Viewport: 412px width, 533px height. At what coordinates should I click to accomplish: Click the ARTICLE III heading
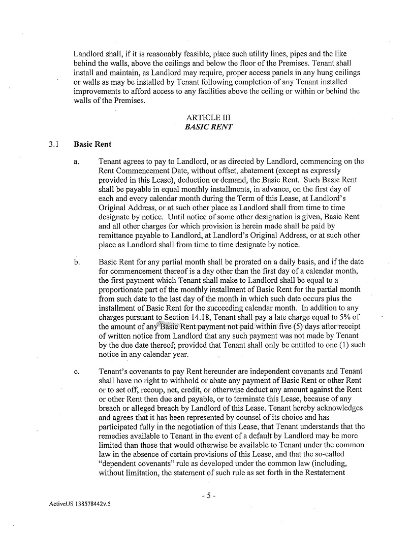click(x=208, y=118)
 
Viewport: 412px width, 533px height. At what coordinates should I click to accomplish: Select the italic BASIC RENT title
click(x=208, y=127)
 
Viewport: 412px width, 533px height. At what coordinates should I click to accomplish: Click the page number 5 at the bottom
click(x=208, y=495)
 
